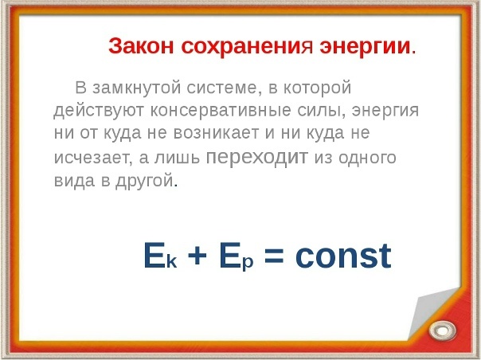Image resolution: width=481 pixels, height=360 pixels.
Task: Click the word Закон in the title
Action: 141,46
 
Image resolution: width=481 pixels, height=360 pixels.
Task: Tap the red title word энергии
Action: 365,47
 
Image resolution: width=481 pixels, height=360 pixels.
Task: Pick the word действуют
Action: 99,111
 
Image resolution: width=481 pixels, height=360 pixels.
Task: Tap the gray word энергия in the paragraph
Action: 385,111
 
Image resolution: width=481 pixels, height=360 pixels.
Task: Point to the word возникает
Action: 217,133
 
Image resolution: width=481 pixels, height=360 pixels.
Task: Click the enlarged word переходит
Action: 256,158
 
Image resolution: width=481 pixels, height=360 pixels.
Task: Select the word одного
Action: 367,158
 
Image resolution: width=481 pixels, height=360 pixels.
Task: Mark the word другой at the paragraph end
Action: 144,181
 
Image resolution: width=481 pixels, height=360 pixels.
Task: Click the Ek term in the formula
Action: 160,256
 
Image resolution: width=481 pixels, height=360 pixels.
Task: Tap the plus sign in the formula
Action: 197,256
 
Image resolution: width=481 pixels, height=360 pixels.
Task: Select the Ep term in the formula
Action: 237,256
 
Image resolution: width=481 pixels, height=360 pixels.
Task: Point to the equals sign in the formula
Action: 274,256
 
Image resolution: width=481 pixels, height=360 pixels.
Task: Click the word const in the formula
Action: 343,256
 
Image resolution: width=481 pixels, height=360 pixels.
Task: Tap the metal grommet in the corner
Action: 443,331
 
